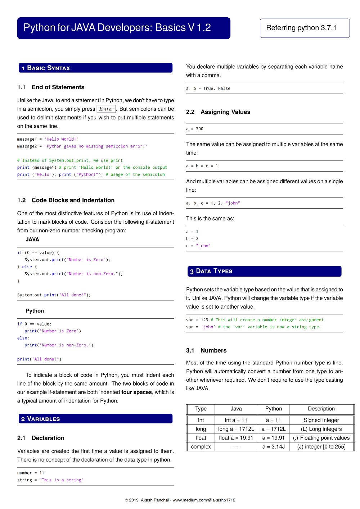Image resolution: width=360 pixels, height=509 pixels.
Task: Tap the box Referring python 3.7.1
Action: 305,28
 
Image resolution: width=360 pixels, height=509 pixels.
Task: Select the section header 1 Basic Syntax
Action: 95,68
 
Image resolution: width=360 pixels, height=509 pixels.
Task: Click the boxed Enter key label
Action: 106,109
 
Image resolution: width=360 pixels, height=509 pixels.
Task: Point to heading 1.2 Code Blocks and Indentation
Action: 66,200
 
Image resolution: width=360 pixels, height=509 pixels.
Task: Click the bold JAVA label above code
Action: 32,240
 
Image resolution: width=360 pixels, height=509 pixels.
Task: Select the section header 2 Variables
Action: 95,419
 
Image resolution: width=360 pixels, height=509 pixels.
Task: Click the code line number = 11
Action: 31,473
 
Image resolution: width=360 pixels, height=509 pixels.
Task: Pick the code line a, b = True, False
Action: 208,88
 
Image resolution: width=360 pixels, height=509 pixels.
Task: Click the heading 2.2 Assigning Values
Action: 218,112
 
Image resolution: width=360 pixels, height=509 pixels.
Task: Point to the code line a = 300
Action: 195,129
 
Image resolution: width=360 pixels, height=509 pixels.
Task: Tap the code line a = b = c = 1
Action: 202,166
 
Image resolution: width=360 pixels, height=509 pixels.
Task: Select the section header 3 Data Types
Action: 264,271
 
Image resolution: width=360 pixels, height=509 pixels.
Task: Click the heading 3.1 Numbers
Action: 206,350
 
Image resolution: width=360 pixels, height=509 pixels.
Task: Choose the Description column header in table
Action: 321,409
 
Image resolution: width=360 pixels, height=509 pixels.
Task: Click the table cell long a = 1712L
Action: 236,429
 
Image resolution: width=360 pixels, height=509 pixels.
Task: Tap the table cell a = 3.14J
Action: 274,447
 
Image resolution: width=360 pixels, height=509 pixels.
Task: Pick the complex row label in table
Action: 201,447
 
